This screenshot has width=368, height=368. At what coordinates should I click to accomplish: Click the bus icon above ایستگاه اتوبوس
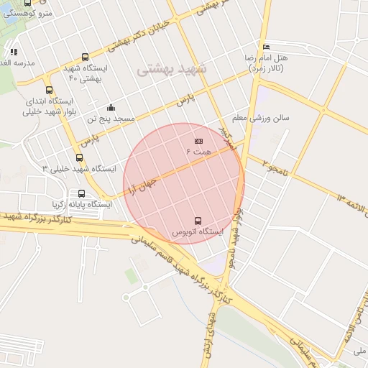(x=198, y=220)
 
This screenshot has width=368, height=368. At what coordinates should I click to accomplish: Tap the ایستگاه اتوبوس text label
(x=198, y=232)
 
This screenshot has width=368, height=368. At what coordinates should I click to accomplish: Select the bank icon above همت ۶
(x=198, y=141)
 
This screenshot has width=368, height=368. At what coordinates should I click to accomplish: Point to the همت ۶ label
(x=198, y=152)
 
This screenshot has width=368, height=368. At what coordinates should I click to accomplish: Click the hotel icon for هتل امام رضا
(x=267, y=47)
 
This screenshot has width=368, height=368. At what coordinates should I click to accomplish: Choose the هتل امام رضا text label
(x=272, y=62)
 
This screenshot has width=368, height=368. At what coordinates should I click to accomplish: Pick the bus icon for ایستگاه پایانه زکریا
(x=81, y=193)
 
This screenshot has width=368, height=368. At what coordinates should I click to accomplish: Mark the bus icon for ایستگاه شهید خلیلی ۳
(x=79, y=157)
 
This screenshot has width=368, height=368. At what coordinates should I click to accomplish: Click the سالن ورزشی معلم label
(x=260, y=116)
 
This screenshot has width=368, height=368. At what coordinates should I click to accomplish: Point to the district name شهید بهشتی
(x=171, y=70)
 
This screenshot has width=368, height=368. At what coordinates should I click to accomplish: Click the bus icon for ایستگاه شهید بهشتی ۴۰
(x=86, y=57)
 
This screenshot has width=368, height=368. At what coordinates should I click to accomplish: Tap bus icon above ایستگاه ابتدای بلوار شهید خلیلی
(x=49, y=90)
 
